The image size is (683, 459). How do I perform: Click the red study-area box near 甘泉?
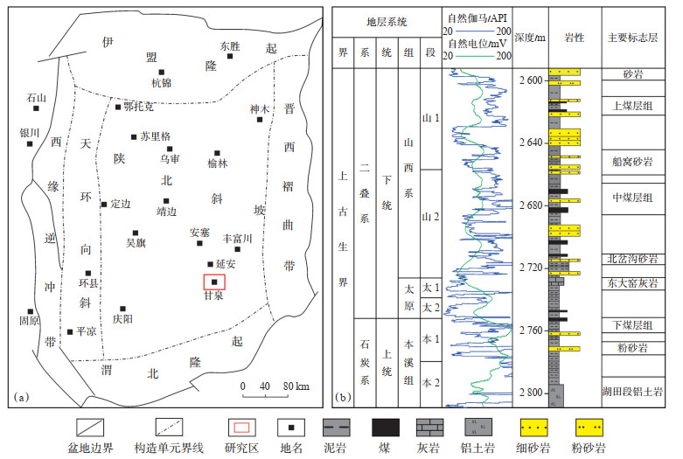tap(214, 282)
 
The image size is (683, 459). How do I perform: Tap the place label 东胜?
tap(230, 45)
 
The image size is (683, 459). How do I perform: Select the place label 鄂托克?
tap(139, 107)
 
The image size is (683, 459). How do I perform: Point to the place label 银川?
tap(30, 133)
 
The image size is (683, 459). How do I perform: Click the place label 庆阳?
tap(123, 320)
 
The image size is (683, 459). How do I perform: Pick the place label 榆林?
tap(217, 163)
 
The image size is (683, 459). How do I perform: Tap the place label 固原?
tap(30, 321)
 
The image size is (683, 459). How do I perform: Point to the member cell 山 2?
tap(428, 216)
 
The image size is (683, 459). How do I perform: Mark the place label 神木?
tap(259, 108)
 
